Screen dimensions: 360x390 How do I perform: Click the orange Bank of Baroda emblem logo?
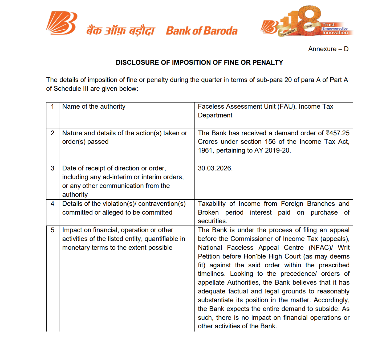tap(62, 23)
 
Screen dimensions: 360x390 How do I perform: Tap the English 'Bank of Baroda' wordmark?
tap(202, 31)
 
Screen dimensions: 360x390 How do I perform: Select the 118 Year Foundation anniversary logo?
tap(306, 21)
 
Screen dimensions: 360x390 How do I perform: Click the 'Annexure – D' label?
tap(328, 49)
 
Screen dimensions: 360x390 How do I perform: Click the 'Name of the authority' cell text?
tap(94, 107)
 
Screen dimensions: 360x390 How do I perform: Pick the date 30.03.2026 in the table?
tap(215, 168)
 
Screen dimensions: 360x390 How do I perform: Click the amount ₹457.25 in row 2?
tap(338, 133)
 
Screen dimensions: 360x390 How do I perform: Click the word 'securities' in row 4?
tap(212, 221)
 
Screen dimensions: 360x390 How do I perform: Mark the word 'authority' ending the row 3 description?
tap(75, 195)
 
